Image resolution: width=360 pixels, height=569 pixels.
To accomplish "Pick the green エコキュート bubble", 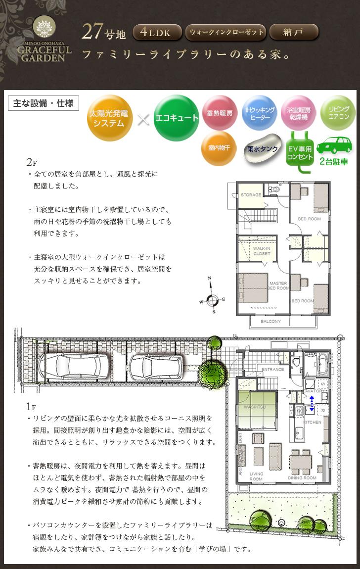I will pos(177,118).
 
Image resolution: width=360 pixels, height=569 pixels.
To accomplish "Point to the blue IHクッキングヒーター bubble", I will pos(259,113).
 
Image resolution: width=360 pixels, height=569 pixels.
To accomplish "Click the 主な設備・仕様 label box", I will pos(44,103).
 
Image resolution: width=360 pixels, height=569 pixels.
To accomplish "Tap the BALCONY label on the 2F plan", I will pos(270,322).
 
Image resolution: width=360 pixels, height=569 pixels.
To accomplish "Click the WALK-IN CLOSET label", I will pos(262,251).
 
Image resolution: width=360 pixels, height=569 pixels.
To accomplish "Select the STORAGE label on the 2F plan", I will pos(251,195).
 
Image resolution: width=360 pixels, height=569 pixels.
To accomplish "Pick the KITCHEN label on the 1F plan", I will pos(312,422).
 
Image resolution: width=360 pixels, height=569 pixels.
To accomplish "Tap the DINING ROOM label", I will pos(303,478).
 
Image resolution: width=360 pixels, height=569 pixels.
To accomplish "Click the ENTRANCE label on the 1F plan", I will pos(272,369).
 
